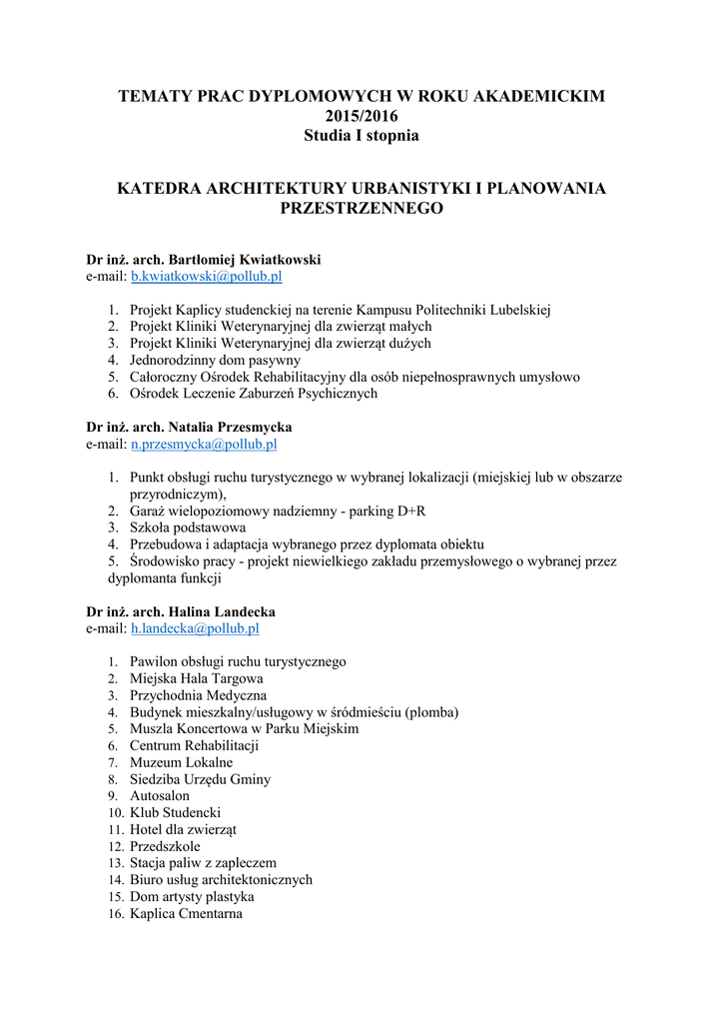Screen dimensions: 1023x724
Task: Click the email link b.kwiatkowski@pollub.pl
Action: (x=207, y=276)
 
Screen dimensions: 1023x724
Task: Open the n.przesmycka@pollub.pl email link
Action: (x=204, y=444)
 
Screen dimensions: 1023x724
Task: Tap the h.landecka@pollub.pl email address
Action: (x=195, y=628)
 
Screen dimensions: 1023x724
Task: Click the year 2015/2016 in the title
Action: (x=362, y=116)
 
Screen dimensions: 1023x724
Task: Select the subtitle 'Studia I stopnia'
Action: (x=362, y=135)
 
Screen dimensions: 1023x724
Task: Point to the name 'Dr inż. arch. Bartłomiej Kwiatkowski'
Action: (x=204, y=259)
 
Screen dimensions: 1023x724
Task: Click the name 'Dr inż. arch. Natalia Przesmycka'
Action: (x=189, y=427)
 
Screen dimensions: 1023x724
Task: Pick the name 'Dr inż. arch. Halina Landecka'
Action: (x=181, y=611)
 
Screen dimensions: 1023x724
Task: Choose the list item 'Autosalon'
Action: (x=160, y=796)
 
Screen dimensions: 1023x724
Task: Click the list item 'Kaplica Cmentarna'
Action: (x=186, y=913)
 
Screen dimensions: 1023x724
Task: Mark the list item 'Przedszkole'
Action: (x=165, y=846)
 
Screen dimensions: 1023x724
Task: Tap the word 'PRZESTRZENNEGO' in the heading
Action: (x=362, y=209)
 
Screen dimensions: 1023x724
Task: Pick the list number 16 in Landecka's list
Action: (x=115, y=913)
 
